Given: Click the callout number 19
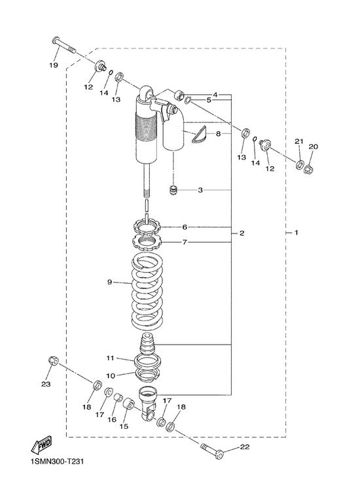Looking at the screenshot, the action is click(54, 65).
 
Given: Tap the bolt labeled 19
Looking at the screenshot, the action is click(64, 44).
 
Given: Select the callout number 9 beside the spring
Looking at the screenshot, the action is click(109, 282).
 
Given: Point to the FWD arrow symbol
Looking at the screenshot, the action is click(41, 445).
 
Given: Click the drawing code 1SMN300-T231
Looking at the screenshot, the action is click(58, 461).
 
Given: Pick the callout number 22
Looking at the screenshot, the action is click(245, 447).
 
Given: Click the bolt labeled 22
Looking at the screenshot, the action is click(212, 451).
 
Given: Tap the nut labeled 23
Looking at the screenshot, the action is click(53, 361).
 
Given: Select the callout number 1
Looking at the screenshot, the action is click(297, 233).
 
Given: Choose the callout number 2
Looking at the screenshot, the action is click(242, 233).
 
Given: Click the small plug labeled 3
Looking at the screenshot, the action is click(173, 191).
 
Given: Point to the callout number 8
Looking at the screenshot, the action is click(218, 134).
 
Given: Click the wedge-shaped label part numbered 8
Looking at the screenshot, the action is click(199, 135).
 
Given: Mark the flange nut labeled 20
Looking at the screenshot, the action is click(308, 170).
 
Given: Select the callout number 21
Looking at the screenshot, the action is click(299, 141).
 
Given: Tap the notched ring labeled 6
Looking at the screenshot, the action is click(147, 226).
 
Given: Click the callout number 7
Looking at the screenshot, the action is click(185, 242).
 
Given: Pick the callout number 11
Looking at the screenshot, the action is click(110, 358).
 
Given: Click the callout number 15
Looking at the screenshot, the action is click(124, 426).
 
